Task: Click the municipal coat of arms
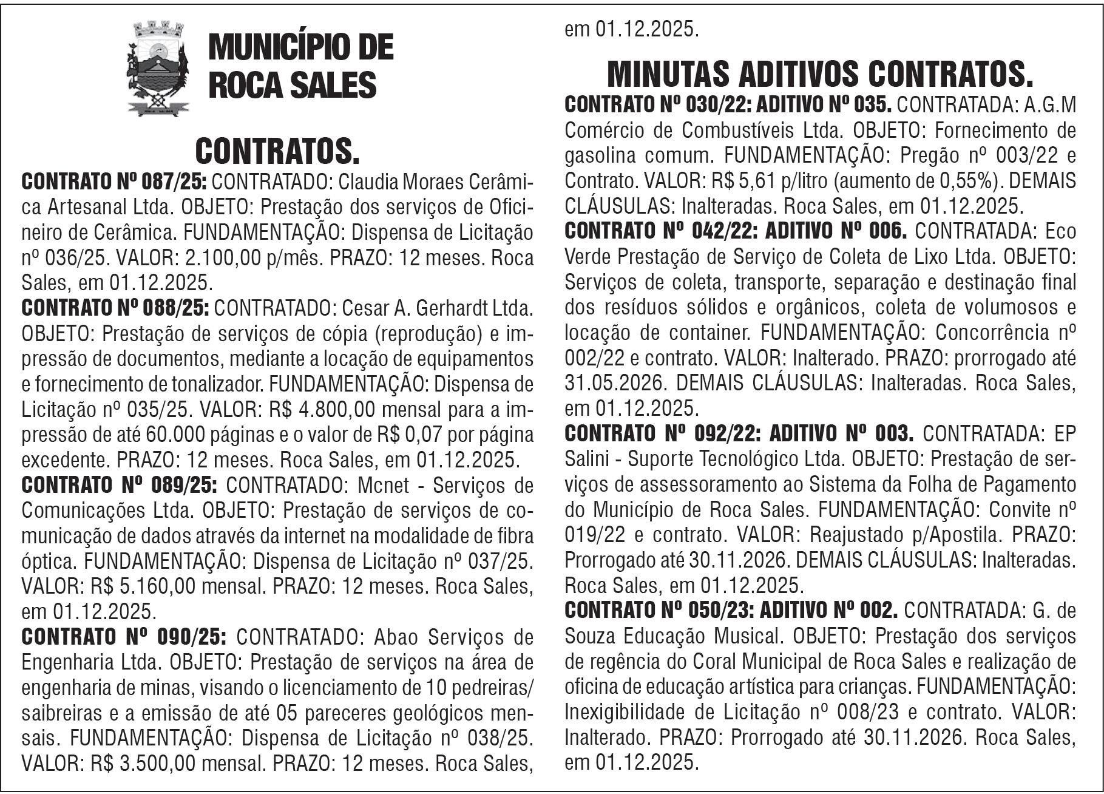tap(158, 68)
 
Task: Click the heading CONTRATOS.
tap(277, 151)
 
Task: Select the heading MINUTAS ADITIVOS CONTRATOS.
tap(820, 74)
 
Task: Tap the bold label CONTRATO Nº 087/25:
tap(115, 182)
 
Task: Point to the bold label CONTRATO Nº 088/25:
tap(115, 308)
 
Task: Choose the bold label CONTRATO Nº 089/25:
tap(120, 486)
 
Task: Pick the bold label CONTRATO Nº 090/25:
tap(124, 637)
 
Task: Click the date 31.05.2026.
tap(616, 383)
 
